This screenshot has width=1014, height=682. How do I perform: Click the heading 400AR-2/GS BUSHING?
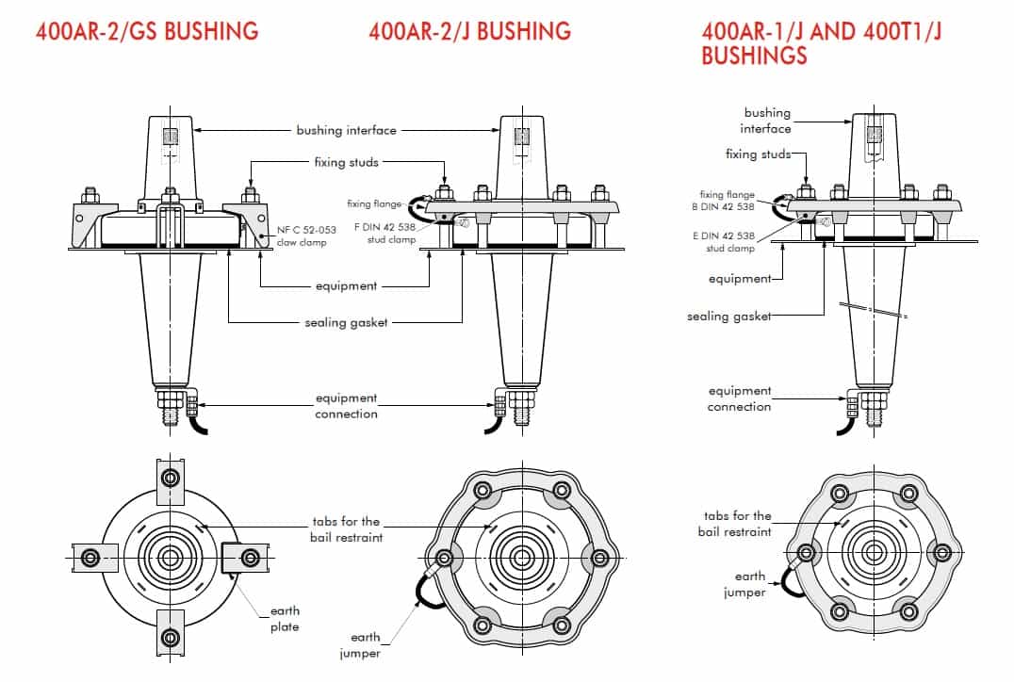(147, 31)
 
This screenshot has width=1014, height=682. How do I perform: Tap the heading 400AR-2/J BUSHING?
(469, 31)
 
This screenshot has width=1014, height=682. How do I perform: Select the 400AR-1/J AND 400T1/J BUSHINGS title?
(822, 43)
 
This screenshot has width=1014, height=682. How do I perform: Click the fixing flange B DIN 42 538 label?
(727, 201)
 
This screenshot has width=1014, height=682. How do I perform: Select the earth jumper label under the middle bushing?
(366, 645)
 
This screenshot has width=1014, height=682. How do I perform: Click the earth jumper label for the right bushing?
(745, 584)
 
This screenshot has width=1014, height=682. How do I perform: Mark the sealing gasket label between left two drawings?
(346, 322)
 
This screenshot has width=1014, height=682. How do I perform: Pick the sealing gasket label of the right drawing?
(728, 317)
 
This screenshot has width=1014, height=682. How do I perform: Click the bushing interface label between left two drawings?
(346, 130)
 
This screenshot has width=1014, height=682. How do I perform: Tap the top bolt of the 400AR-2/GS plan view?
(170, 477)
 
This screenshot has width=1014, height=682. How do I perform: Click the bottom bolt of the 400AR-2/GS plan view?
(170, 635)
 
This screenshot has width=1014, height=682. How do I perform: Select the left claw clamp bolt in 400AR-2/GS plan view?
(90, 558)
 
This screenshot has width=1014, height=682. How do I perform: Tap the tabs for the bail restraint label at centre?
(346, 528)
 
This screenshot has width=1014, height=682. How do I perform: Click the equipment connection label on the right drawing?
(740, 398)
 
